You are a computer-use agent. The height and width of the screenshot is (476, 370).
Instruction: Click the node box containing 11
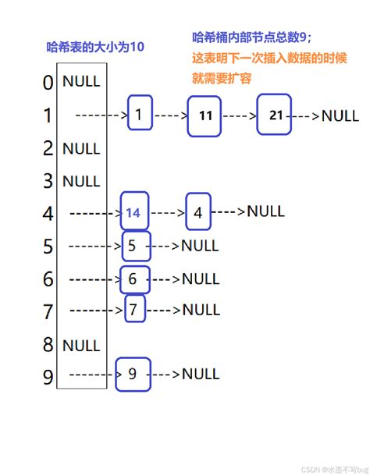click(205, 115)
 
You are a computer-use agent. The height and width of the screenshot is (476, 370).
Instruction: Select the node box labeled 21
click(276, 115)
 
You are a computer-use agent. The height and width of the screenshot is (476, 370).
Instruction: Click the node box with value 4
click(197, 212)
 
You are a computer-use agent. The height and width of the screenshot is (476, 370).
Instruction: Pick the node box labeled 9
click(132, 374)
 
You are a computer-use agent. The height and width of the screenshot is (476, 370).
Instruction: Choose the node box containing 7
click(133, 310)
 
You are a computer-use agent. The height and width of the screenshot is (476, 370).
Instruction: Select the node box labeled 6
click(132, 278)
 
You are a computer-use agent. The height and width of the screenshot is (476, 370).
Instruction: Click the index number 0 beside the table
click(48, 83)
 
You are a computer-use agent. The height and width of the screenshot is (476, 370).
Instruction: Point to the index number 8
click(48, 344)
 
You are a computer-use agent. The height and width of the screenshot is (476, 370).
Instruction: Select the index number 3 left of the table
click(48, 181)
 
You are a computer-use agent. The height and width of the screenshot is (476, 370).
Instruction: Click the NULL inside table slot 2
click(81, 148)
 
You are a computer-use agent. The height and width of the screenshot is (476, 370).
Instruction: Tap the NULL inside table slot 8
click(81, 344)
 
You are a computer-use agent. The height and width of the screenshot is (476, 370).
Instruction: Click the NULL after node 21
click(340, 115)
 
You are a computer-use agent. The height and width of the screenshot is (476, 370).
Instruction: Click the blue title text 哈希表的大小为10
click(95, 47)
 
